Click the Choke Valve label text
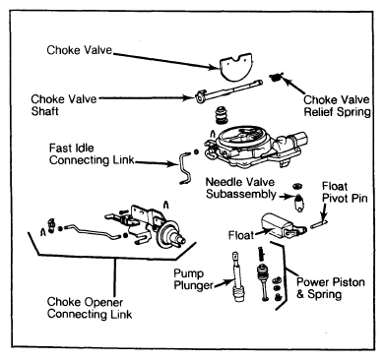(80, 50)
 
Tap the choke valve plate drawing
(235, 68)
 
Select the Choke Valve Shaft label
(64, 105)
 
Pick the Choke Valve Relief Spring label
(337, 105)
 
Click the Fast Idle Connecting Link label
(92, 154)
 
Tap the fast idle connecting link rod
(185, 166)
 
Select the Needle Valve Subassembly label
(240, 188)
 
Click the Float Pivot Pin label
(345, 192)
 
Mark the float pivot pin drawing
(319, 224)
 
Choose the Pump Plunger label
(193, 279)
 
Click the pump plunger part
(237, 276)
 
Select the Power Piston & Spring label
(330, 288)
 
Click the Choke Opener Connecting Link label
(90, 308)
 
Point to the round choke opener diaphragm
(167, 234)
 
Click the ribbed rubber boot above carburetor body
(222, 115)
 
